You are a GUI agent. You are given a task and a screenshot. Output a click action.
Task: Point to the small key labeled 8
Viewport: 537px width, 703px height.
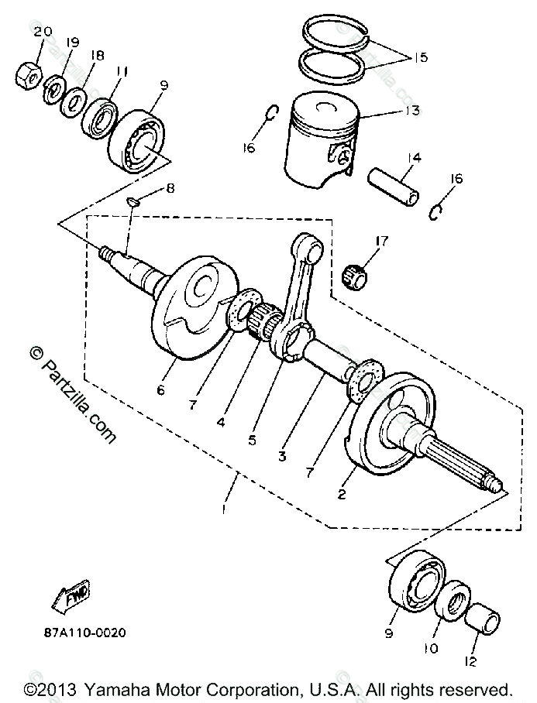pos(133,202)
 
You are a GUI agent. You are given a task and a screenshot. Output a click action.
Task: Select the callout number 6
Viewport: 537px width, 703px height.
pos(160,390)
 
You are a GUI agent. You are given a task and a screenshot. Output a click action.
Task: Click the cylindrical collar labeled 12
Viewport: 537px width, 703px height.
pos(486,619)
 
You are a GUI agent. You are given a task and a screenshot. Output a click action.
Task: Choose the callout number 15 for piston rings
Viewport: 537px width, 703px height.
pos(420,57)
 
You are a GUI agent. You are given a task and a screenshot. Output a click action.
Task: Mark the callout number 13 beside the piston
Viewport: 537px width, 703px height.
pos(412,111)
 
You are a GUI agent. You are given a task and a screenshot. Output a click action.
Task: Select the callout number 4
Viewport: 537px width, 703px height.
pos(221,423)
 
